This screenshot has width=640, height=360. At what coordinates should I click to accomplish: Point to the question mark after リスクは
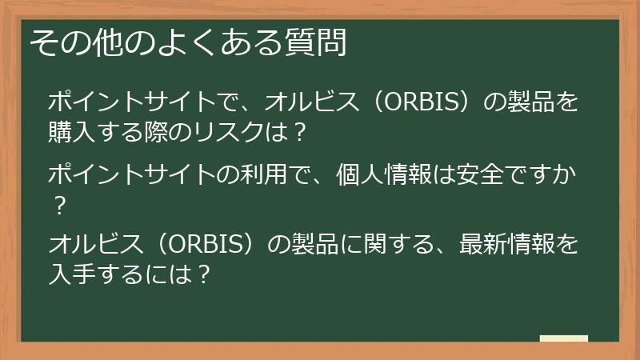(299, 130)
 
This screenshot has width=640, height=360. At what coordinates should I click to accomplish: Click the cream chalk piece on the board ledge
(563, 338)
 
